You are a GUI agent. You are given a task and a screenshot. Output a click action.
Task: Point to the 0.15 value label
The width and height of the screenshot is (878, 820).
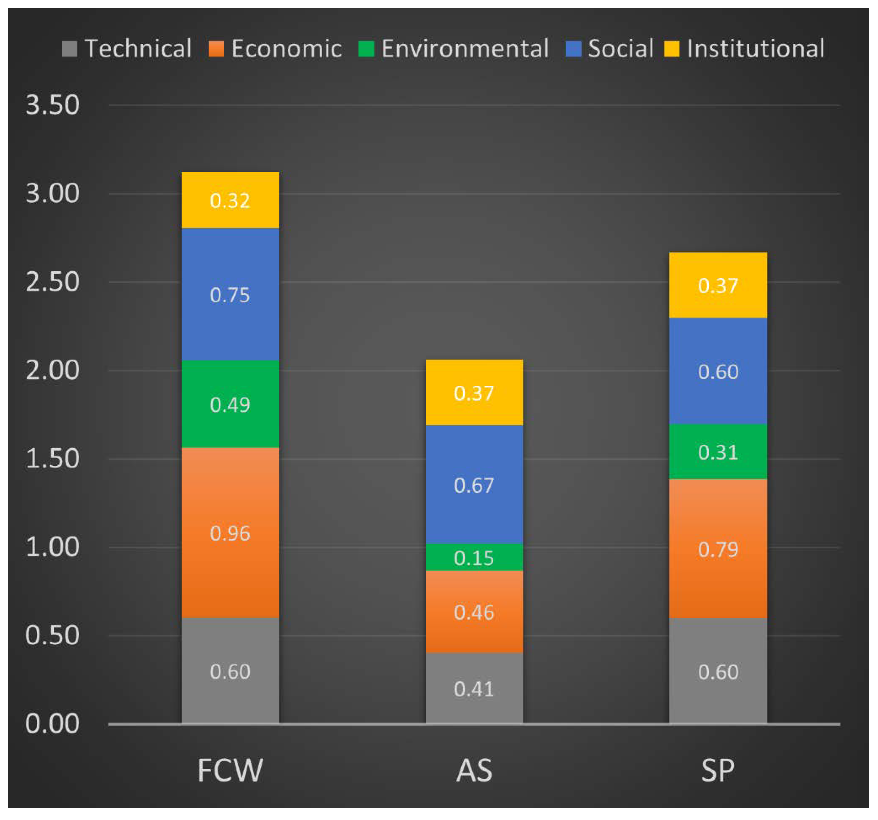point(474,558)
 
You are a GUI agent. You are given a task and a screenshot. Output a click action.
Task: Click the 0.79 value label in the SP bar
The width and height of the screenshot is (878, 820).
point(718,549)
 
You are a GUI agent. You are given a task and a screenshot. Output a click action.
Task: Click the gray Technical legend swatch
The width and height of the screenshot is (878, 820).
point(70,48)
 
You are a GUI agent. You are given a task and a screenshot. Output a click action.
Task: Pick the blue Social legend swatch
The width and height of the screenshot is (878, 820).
point(573,48)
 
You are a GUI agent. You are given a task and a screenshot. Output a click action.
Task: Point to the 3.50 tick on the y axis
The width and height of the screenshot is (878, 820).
point(52,105)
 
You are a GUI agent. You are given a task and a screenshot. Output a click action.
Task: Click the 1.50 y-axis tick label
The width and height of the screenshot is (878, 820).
point(52,459)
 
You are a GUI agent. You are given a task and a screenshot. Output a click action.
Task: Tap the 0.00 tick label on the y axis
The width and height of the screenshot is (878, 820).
point(52,724)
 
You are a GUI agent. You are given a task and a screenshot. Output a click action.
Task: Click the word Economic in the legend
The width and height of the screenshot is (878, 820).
point(286,48)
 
